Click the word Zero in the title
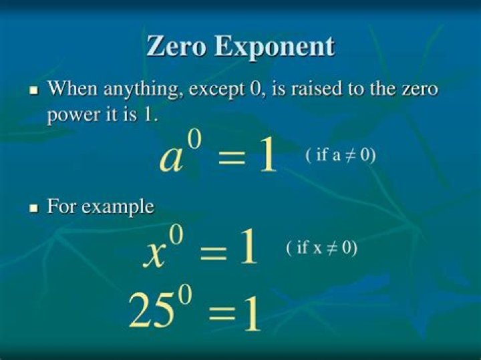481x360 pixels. coord(176,46)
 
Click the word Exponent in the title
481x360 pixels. coord(275,48)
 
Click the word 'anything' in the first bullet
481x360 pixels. coord(144,90)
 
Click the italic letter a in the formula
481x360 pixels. coord(171,160)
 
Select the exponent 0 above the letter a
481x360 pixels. coord(195,140)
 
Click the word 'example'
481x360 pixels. coord(118,207)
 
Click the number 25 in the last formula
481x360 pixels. coord(150,311)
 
